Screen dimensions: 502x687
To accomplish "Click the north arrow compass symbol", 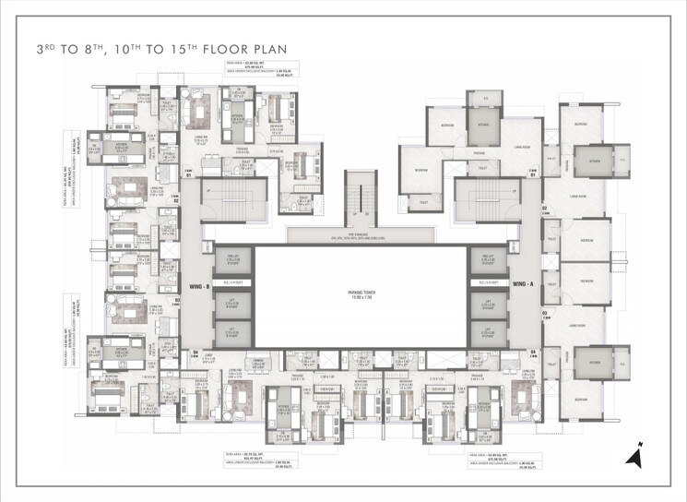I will point(634,455).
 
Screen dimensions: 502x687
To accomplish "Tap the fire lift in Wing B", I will point(226,260).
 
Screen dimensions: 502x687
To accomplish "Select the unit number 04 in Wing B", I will point(195,352).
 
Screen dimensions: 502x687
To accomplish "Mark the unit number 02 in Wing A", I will point(544,209).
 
